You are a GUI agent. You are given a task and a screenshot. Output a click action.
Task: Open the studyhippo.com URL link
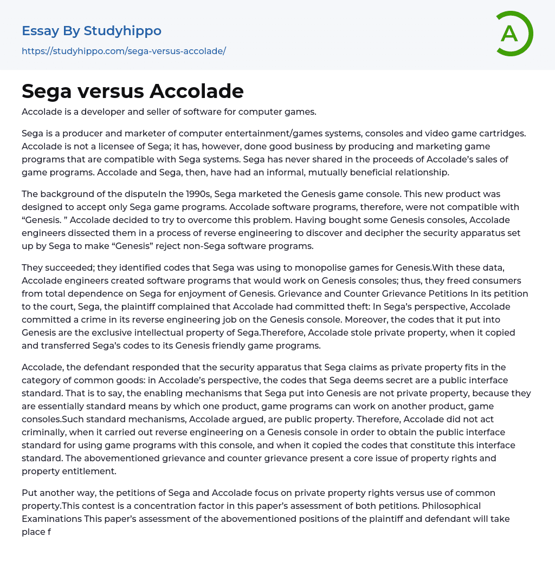click(x=124, y=51)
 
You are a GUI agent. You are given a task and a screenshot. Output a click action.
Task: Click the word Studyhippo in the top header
click(x=122, y=31)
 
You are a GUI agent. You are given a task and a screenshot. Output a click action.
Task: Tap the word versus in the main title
click(x=111, y=91)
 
